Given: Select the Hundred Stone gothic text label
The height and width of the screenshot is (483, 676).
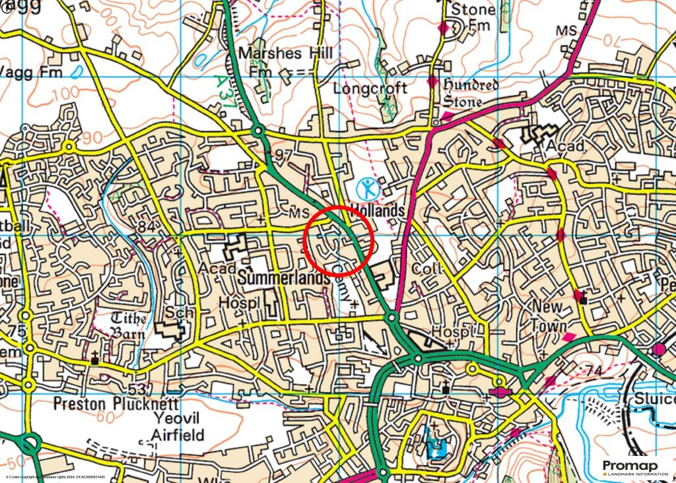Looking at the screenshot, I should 470,92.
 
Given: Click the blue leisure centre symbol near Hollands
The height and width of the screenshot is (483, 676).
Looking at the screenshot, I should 366,189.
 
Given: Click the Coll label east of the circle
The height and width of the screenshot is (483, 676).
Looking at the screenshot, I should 423,270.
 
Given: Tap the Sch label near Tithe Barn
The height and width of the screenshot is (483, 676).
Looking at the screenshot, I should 176,312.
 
